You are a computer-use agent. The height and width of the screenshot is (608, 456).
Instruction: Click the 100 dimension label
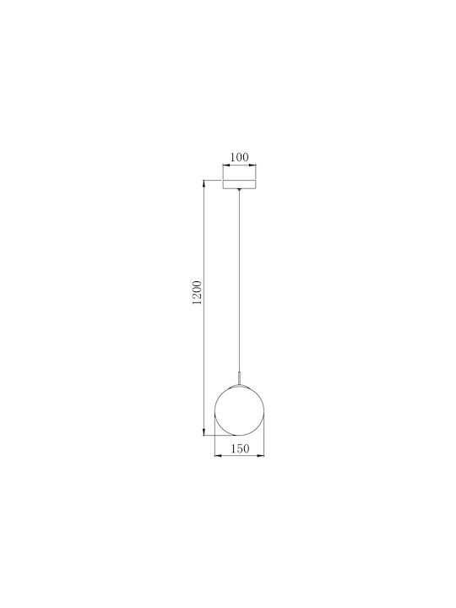tap(239, 157)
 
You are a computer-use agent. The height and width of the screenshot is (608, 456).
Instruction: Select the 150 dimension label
tap(240, 448)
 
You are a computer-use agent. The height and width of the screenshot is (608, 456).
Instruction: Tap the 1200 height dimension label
tap(198, 292)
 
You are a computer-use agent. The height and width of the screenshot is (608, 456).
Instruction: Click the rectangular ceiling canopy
tap(239, 185)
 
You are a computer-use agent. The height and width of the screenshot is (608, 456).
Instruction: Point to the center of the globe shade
tap(239, 410)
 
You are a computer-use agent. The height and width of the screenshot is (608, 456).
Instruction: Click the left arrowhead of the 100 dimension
tap(225, 166)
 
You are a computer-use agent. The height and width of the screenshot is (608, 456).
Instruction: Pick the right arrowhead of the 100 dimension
tap(253, 166)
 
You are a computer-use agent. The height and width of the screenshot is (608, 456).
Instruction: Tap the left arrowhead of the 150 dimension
tap(217, 456)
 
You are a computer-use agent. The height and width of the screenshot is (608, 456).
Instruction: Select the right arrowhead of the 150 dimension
tap(262, 456)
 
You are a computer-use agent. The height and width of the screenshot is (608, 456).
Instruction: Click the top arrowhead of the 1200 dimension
tap(204, 183)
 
